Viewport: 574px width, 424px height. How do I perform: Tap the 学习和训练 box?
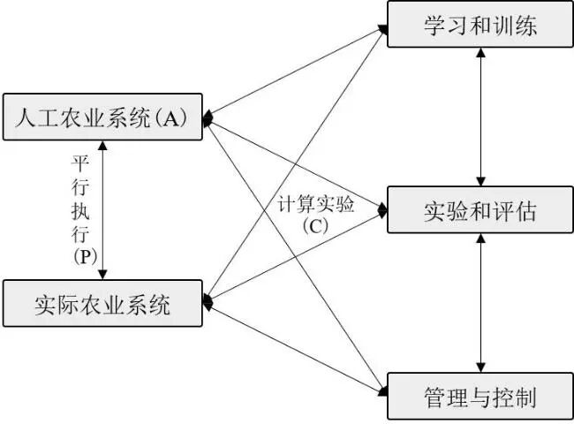pyautogui.click(x=480, y=26)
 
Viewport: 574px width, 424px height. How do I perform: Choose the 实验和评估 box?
pyautogui.click(x=480, y=211)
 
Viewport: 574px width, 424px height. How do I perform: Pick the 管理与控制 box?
pyautogui.click(x=480, y=395)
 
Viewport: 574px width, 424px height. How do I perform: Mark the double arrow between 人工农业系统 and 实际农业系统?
pyautogui.click(x=104, y=211)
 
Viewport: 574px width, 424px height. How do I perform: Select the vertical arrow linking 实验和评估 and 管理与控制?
pyautogui.click(x=480, y=303)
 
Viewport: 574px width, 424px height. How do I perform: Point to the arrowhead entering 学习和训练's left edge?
pyautogui.click(x=382, y=29)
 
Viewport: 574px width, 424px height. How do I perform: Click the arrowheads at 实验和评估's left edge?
pyautogui.click(x=382, y=211)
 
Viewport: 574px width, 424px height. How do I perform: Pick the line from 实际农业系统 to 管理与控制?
pyautogui.click(x=296, y=345)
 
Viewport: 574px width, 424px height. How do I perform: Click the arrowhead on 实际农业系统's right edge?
pyautogui.click(x=208, y=302)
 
